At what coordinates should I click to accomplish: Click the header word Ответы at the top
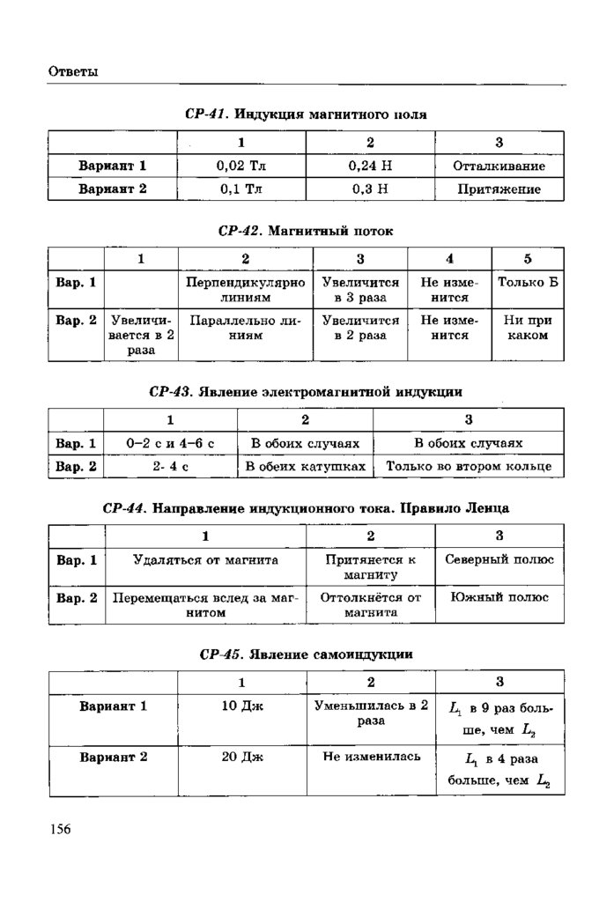[x=72, y=71]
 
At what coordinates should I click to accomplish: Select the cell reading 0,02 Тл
[x=240, y=166]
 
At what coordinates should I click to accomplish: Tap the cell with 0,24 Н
[x=370, y=166]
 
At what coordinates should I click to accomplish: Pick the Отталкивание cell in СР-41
[x=499, y=166]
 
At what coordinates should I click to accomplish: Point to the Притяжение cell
[x=499, y=189]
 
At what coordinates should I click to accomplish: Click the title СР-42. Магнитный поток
[x=306, y=231]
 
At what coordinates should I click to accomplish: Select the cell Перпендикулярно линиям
[x=246, y=290]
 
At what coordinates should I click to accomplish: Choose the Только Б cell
[x=528, y=283]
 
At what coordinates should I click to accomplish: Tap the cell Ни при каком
[x=528, y=328]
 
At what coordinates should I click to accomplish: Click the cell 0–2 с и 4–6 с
[x=171, y=443]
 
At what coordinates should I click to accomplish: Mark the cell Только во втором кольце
[x=469, y=465]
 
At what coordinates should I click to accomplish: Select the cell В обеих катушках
[x=305, y=465]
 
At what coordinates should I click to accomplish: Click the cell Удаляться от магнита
[x=205, y=559]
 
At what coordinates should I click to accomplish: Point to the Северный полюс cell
[x=499, y=559]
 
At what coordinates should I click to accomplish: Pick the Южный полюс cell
[x=499, y=597]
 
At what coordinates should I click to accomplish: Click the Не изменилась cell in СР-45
[x=371, y=756]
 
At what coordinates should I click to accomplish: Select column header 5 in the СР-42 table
[x=528, y=259]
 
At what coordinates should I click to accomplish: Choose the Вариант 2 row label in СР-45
[x=113, y=756]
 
